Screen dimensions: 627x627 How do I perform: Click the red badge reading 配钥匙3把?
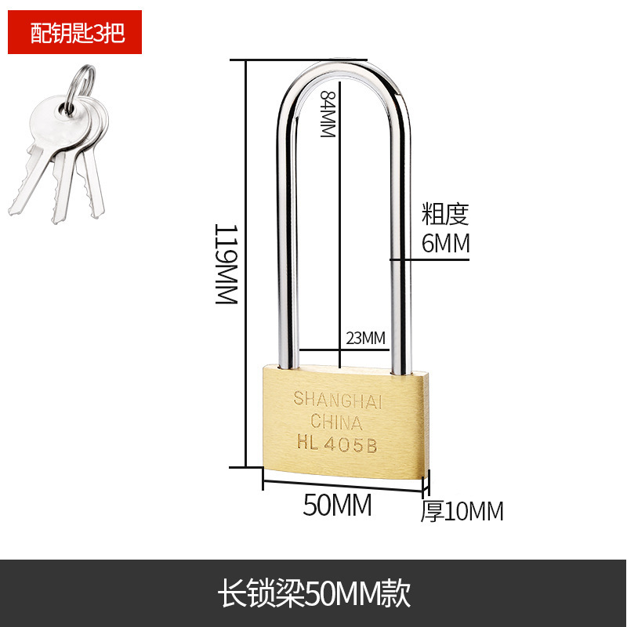point(75,33)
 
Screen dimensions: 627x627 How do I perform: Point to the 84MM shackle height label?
point(328,114)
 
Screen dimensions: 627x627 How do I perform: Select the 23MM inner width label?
point(366,338)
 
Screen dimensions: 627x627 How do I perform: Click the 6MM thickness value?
point(445,244)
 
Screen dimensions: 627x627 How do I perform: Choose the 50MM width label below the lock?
point(337,506)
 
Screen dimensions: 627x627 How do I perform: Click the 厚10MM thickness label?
point(462,511)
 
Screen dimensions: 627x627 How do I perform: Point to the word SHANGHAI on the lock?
point(337,399)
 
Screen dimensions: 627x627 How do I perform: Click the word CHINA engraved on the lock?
point(336,422)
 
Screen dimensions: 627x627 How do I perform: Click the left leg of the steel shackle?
point(285,235)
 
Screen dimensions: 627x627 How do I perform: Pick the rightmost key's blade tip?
point(97,210)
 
